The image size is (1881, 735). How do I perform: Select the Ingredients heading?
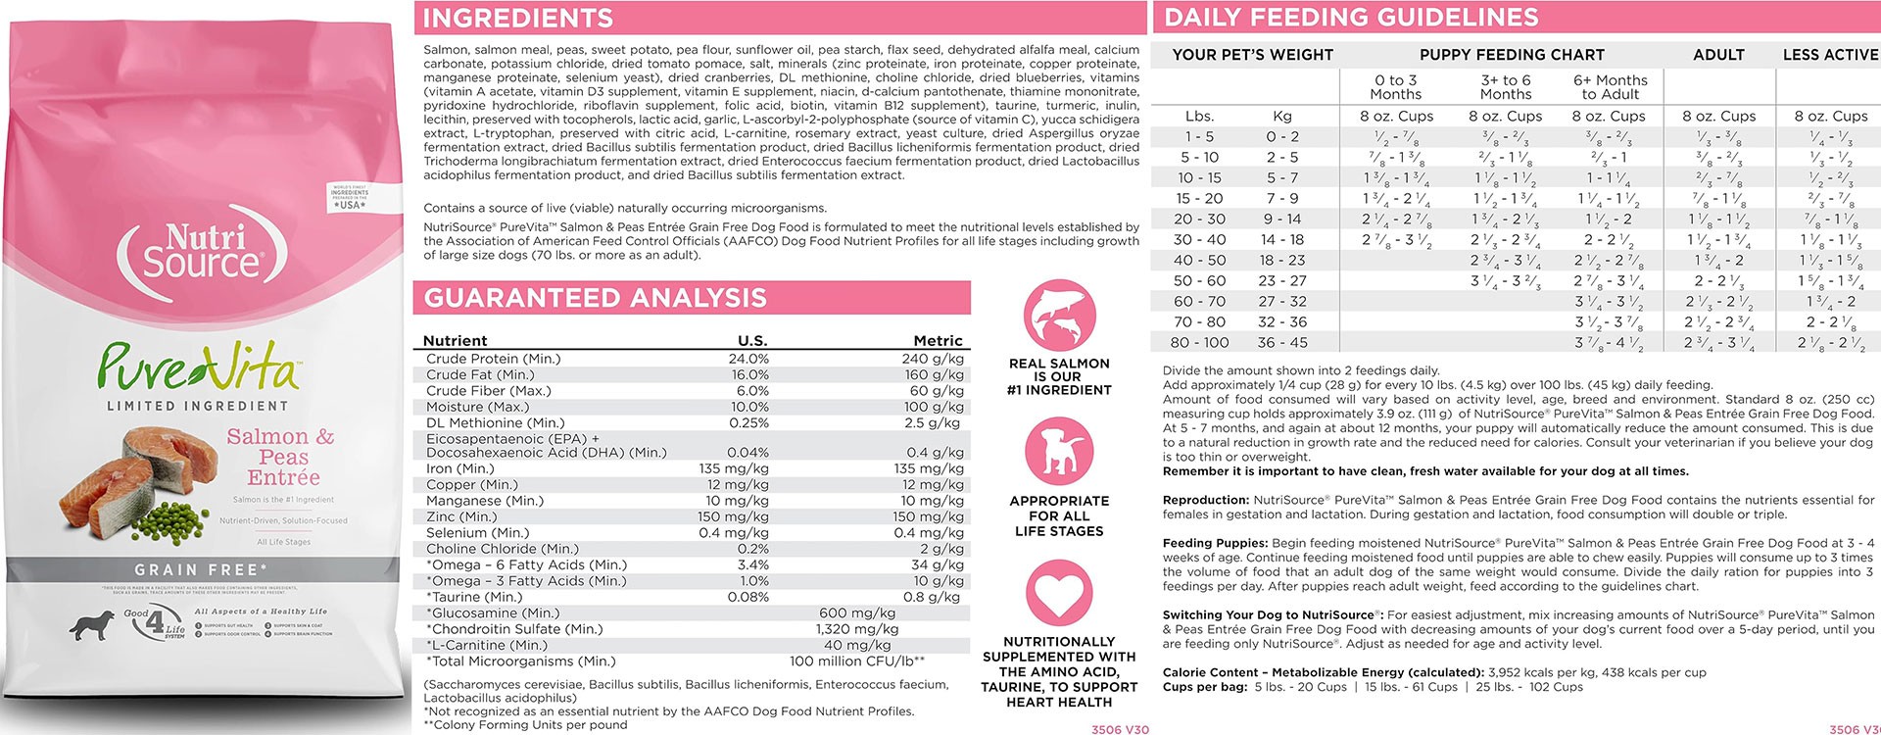pos(518,18)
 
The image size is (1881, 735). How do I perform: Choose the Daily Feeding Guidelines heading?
pos(1351,17)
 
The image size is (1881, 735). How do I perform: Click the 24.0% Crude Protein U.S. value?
pos(748,359)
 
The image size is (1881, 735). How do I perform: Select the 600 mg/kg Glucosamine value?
pos(857,613)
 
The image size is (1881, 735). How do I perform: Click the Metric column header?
pos(938,341)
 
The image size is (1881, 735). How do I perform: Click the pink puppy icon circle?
pos(1059,454)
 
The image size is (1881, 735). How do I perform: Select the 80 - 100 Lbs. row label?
pos(1199,343)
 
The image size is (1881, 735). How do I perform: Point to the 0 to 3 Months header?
pos(1395,87)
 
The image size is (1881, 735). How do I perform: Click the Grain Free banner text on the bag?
pos(202,569)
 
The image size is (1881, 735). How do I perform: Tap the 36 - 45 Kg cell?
pos(1281,343)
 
